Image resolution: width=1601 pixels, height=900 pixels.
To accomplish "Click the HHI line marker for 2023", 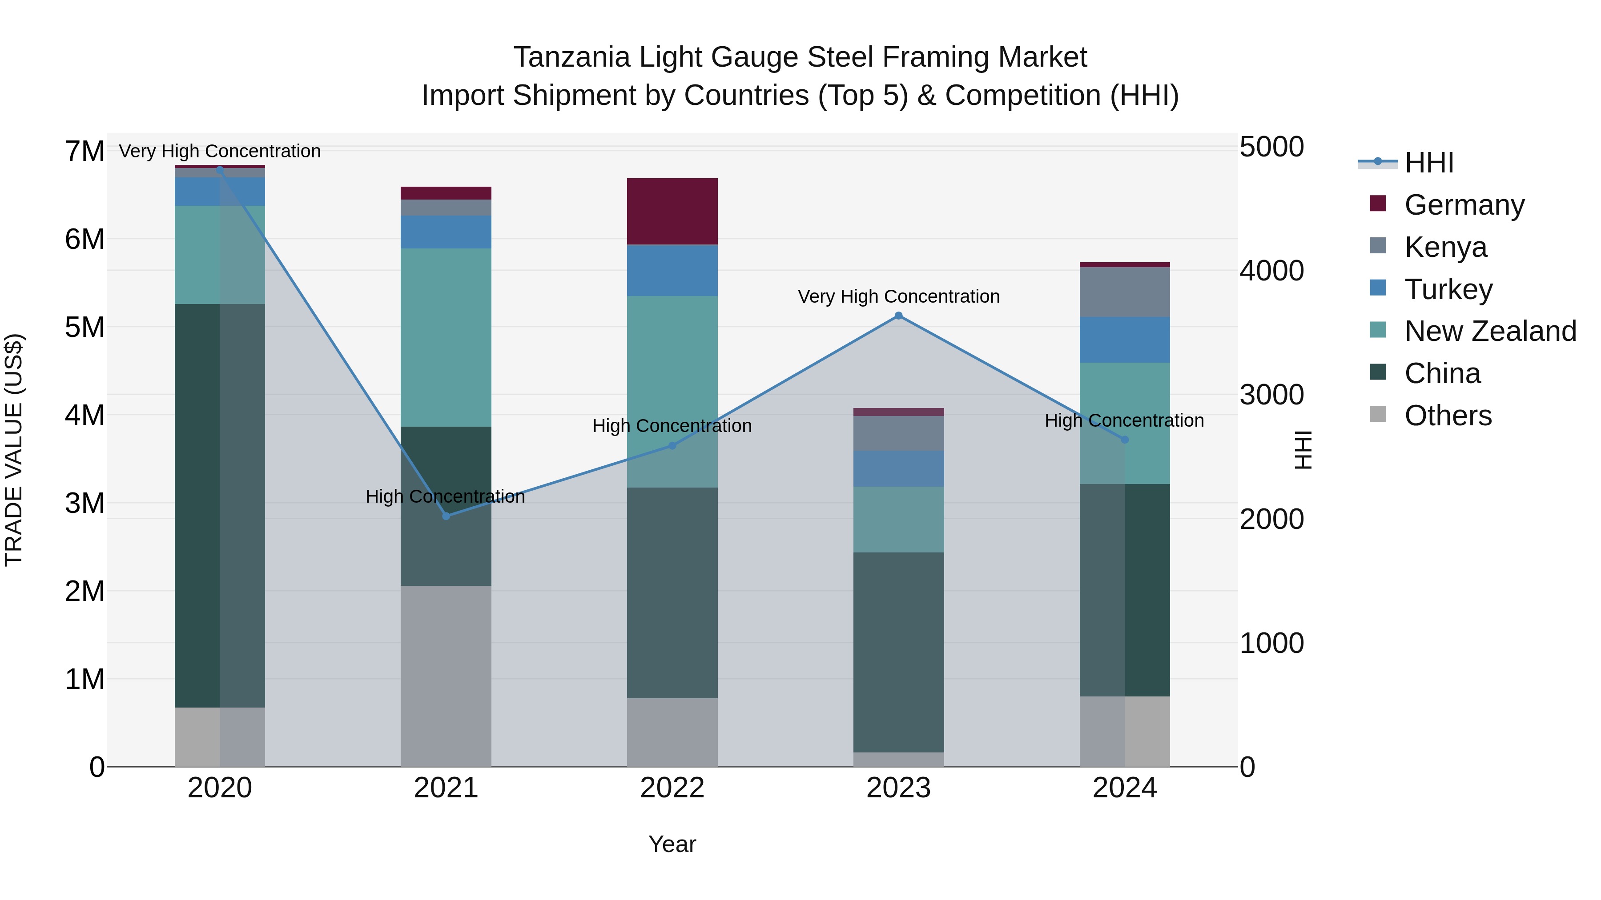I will tap(898, 316).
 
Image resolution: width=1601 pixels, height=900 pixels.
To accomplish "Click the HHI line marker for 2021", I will tap(446, 516).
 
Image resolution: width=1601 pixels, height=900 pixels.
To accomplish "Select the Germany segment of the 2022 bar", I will tap(672, 211).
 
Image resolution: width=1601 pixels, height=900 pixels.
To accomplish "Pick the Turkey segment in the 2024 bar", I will tap(1124, 340).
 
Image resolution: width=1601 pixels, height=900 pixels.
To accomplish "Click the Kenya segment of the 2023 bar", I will tap(898, 433).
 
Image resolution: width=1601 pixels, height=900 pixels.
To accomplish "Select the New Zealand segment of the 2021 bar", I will tap(446, 337).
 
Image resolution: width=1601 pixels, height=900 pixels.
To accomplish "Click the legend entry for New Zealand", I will tap(1490, 331).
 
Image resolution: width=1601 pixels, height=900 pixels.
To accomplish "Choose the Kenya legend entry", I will tap(1445, 247).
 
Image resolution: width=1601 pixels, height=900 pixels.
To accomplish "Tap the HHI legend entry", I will tap(1428, 163).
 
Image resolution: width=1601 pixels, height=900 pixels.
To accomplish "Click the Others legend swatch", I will tap(1378, 414).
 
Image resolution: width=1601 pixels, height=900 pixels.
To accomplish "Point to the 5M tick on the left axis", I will tap(84, 327).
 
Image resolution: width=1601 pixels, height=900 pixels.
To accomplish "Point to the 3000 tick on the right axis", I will tap(1271, 395).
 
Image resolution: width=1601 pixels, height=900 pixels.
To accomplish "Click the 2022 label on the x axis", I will tap(672, 788).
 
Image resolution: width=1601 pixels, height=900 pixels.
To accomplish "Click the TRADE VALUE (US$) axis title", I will tap(14, 450).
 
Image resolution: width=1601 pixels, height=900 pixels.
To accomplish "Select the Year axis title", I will tap(672, 844).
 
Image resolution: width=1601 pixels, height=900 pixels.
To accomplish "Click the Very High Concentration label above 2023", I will tap(898, 296).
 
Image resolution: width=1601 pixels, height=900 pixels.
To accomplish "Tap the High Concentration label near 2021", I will tap(445, 496).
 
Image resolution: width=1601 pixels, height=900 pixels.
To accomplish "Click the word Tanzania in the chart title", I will tap(571, 57).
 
